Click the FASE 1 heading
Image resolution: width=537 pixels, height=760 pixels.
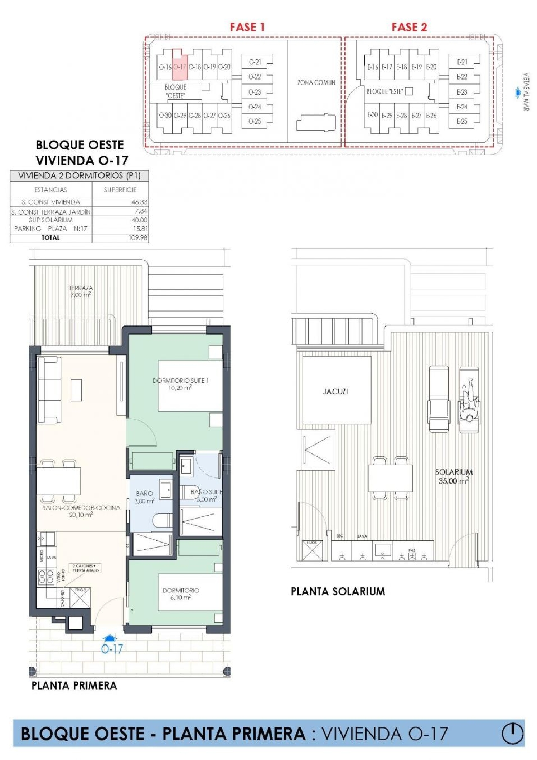click(x=247, y=27)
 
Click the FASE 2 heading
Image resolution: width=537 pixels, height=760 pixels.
click(x=409, y=27)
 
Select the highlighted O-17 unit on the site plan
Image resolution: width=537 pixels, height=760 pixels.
click(x=180, y=67)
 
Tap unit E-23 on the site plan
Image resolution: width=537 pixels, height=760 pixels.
click(x=462, y=92)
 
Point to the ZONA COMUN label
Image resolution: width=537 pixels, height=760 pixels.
click(x=316, y=83)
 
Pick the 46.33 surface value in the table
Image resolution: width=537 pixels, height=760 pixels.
click(x=139, y=202)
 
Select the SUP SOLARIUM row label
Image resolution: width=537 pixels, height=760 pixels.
click(x=50, y=220)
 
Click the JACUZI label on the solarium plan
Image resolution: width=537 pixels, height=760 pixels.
click(x=335, y=392)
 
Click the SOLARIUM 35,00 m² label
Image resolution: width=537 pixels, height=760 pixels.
click(x=454, y=476)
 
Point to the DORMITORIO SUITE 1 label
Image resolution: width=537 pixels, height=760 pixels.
click(x=180, y=384)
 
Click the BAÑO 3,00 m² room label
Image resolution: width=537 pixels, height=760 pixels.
click(x=144, y=497)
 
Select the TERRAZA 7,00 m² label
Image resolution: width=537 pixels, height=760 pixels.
click(x=81, y=291)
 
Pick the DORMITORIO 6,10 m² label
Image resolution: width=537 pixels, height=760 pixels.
click(x=181, y=594)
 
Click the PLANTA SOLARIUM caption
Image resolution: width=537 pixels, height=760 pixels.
click(x=338, y=591)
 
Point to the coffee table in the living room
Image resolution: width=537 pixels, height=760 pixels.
click(x=76, y=390)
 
